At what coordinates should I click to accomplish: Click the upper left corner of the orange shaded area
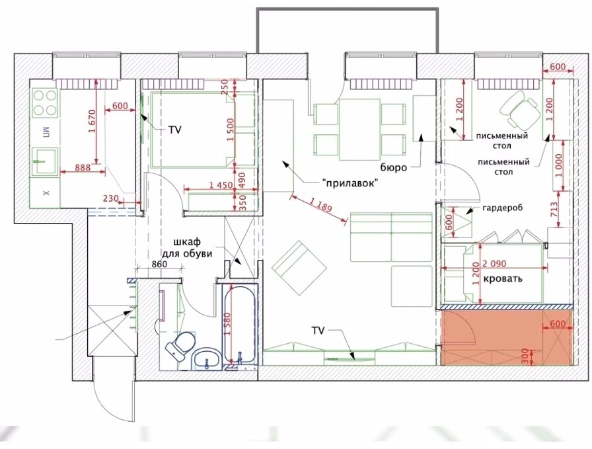coord(441,310)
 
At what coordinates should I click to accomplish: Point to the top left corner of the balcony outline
coord(257,8)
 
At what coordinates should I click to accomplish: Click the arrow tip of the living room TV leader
coord(355,360)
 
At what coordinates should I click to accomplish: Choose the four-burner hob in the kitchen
coord(45,103)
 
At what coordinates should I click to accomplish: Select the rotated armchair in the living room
coord(299,267)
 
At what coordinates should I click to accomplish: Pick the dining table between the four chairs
coord(359,129)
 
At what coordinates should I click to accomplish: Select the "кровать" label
coord(503,279)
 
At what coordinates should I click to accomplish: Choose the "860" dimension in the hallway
coord(159,265)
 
